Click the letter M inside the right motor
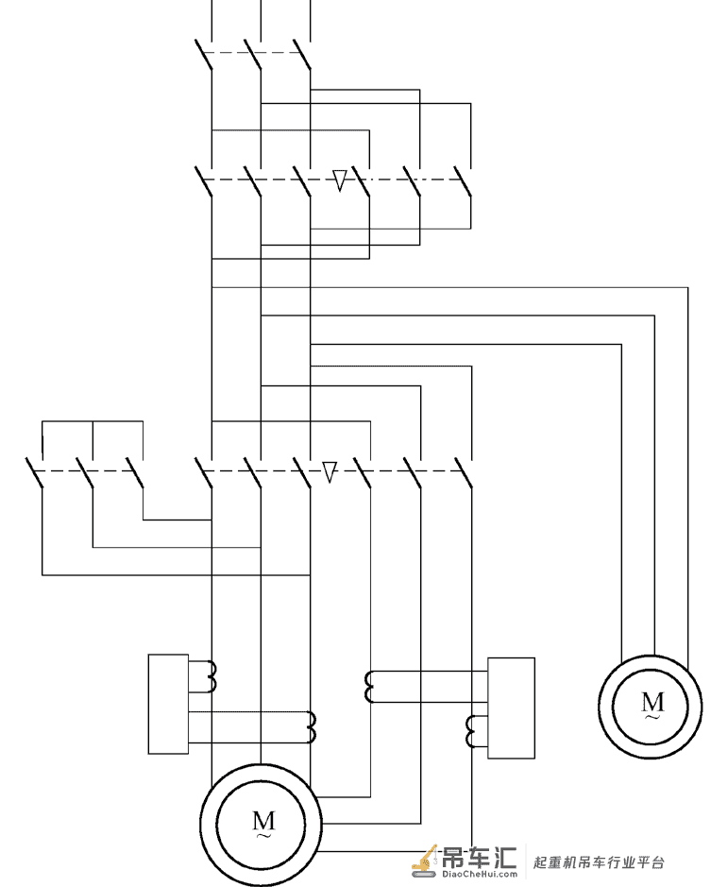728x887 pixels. tap(652, 702)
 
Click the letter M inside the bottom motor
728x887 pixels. tap(263, 820)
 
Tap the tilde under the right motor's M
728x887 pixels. tap(652, 717)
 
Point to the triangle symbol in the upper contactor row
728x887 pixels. tap(339, 180)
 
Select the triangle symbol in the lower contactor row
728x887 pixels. tap(330, 471)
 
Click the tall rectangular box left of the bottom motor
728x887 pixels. tap(168, 704)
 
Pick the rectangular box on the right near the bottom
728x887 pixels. tap(511, 708)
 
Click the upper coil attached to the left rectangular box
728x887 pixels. tap(212, 676)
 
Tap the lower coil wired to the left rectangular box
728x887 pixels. tap(311, 727)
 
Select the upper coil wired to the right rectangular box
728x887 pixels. tap(369, 687)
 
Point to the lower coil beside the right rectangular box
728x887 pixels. tap(470, 731)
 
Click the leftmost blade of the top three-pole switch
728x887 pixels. tap(204, 55)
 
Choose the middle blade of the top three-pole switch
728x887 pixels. tap(253, 55)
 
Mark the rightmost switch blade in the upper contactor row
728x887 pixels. tap(464, 181)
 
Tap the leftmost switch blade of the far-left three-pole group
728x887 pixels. tap(35, 473)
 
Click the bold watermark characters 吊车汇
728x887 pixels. tap(479, 858)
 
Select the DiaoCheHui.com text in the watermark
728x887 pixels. tap(479, 874)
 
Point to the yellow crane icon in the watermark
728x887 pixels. tap(425, 861)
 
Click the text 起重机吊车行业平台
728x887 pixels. tap(599, 862)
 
